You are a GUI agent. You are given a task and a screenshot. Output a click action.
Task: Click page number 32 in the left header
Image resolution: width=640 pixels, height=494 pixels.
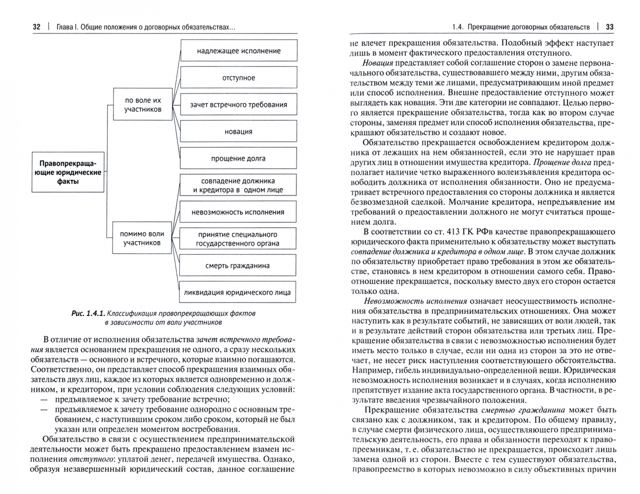tap(37, 27)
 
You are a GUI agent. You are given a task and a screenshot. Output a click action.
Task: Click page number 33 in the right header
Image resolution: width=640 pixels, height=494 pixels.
tap(609, 27)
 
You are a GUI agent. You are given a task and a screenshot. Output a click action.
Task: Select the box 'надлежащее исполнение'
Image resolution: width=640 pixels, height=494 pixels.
tap(238, 51)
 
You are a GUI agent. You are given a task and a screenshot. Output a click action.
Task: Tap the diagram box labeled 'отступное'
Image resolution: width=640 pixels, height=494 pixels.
tap(238, 78)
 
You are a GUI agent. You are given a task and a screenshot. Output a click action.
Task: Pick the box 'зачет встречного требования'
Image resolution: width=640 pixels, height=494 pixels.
tap(238, 105)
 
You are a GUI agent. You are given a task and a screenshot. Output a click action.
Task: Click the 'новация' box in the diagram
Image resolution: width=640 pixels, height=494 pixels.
tap(238, 132)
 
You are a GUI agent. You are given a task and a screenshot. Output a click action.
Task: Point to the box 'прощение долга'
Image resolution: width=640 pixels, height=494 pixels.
tap(238, 159)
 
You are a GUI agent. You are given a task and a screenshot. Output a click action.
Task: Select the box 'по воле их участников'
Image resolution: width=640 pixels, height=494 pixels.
tap(143, 105)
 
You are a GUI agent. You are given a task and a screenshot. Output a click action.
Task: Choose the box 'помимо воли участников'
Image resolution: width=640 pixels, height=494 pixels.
tap(142, 238)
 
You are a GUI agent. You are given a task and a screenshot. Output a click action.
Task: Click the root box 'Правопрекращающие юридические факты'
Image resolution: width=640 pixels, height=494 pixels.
tap(68, 172)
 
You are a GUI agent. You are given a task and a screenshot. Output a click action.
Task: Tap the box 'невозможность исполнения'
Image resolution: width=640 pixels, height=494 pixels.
tap(238, 212)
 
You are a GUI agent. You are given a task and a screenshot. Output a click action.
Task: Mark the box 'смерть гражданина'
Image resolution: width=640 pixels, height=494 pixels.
tap(237, 266)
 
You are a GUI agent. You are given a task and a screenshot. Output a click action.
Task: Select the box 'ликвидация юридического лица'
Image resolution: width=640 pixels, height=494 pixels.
tap(237, 293)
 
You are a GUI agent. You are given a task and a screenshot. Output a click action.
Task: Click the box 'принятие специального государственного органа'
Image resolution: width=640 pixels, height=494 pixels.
tap(238, 239)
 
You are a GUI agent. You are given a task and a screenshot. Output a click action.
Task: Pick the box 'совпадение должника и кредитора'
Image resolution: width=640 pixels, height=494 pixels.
tap(238, 185)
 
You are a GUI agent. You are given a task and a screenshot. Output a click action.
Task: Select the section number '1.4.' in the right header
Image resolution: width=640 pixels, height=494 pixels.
tap(457, 27)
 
